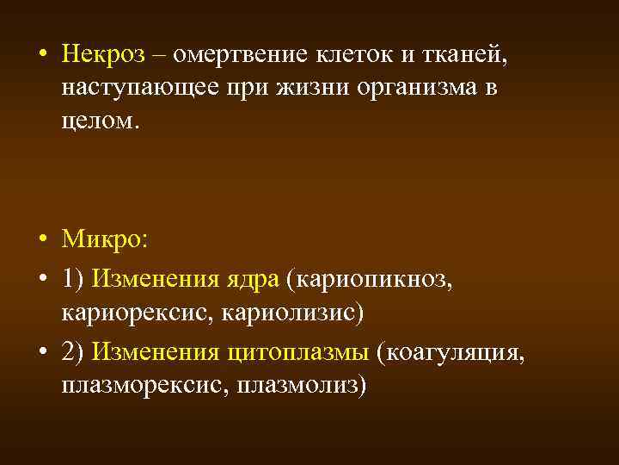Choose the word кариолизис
[293, 312]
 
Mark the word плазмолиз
[307, 385]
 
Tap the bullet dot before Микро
[41, 239]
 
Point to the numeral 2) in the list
[72, 353]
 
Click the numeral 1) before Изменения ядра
[72, 279]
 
